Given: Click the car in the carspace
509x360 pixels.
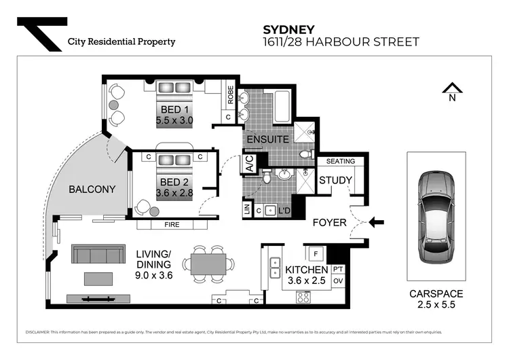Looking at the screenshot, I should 436,219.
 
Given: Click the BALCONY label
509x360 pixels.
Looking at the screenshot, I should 92,190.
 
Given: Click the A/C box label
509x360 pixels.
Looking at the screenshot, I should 250,164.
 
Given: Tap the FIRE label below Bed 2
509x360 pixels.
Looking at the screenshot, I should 172,223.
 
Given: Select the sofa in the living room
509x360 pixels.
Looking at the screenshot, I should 98,255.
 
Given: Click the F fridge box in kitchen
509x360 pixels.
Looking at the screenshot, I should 315,255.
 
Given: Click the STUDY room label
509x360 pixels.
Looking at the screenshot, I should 335,181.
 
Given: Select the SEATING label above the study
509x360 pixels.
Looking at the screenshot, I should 340,162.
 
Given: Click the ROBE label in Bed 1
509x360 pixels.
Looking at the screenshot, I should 231,98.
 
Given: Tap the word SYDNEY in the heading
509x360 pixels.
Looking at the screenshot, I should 288,29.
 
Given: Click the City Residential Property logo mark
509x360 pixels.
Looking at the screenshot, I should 41,34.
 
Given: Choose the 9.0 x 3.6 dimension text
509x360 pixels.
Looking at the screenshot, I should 155,276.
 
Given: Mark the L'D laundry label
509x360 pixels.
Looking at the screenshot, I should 285,211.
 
